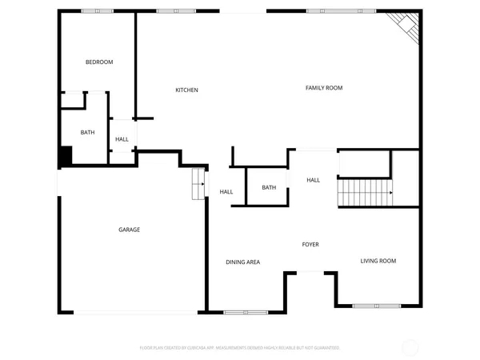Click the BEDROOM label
click(99, 62)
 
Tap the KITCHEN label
click(186, 90)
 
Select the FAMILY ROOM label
click(324, 87)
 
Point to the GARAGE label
click(130, 230)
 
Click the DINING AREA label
click(242, 262)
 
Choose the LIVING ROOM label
click(378, 261)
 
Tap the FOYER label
click(310, 244)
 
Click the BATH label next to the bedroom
click(87, 133)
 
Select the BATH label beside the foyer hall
click(269, 188)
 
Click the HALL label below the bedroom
click(122, 139)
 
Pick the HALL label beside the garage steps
click(226, 192)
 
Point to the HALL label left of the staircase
click(314, 180)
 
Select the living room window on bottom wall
click(377, 306)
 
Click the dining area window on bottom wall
click(246, 311)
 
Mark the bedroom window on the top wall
click(98, 11)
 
